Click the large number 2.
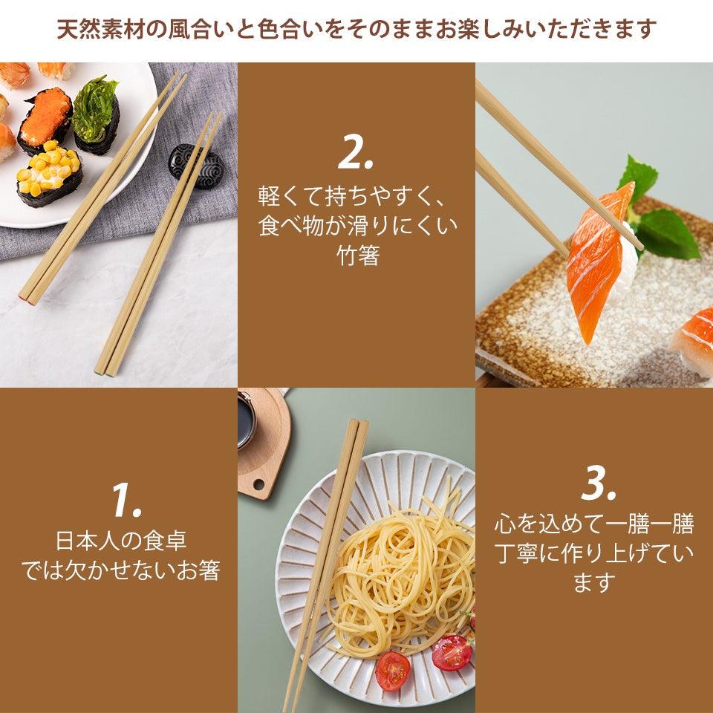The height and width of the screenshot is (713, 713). point(356,152)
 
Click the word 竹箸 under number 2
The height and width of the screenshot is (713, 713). point(356,256)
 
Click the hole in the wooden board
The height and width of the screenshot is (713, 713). point(259,485)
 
